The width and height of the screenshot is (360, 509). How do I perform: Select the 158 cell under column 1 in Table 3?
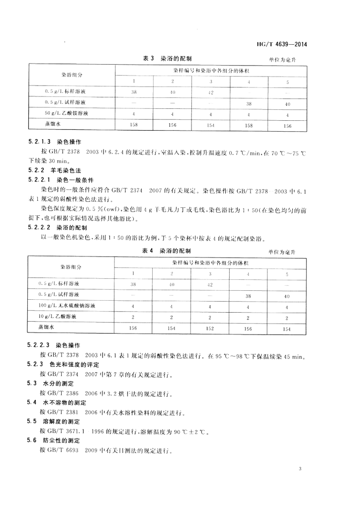click(x=134, y=125)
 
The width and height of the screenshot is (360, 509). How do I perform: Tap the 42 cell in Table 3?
click(x=210, y=92)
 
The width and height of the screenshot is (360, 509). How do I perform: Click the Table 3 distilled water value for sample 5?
click(x=287, y=126)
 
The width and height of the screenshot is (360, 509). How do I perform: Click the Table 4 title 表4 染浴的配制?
click(x=167, y=251)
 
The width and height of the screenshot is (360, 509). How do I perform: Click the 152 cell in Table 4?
click(x=210, y=328)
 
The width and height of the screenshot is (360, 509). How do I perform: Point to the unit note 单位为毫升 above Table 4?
click(x=282, y=253)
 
